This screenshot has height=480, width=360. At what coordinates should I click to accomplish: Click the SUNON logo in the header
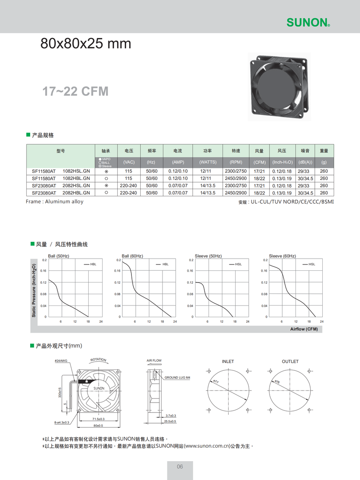click(x=308, y=22)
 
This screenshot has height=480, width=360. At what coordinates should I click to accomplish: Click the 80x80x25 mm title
click(x=86, y=44)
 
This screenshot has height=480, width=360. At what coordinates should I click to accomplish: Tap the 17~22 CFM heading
click(x=75, y=91)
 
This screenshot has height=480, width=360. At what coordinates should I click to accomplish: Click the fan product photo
click(x=279, y=87)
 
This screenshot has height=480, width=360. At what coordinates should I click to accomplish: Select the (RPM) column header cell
click(x=236, y=162)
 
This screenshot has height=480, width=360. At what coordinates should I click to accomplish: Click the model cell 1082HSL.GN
click(x=76, y=171)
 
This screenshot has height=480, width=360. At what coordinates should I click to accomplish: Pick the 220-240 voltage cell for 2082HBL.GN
click(x=128, y=193)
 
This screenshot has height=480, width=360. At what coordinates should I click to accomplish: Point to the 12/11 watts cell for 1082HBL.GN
click(x=206, y=178)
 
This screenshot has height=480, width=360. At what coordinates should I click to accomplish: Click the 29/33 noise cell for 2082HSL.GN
click(x=303, y=185)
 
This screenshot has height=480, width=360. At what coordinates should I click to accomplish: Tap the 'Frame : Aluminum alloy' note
click(x=54, y=201)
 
